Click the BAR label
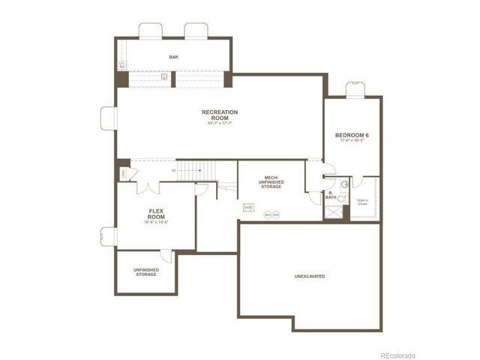[174, 56]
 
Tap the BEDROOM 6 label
[352, 136]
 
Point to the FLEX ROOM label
[156, 213]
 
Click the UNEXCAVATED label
[309, 277]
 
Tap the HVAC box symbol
[248, 207]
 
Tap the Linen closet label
[123, 174]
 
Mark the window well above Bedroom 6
[354, 89]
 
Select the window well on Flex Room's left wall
[109, 237]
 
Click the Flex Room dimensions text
[156, 222]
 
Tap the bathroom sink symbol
[345, 183]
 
